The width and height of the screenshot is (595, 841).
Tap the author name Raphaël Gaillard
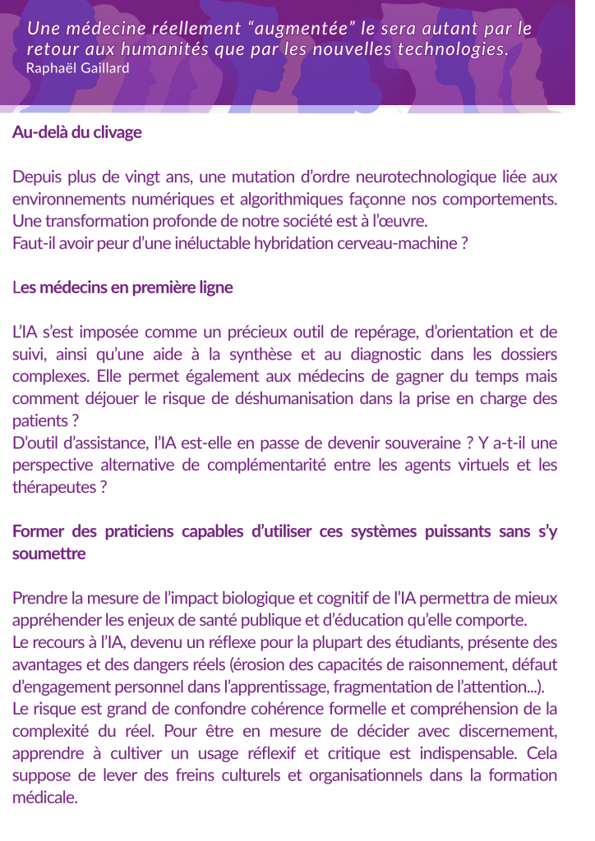77,67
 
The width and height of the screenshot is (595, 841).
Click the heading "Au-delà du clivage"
77,132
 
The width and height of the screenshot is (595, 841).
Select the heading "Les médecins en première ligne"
122,287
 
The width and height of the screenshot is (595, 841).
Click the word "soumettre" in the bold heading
48,554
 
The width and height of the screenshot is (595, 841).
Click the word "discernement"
502,731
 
